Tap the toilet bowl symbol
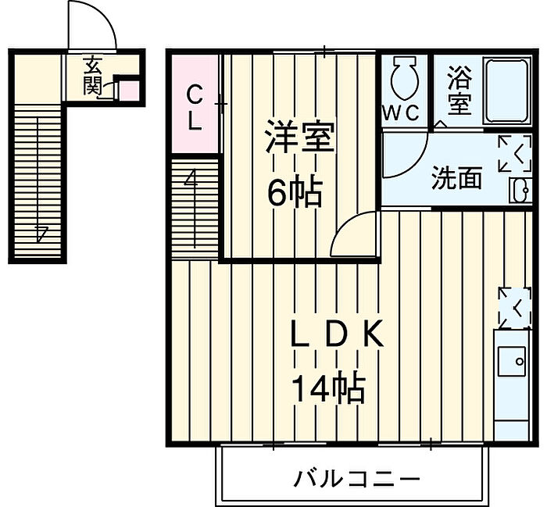pos(405,77)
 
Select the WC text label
pos(401,112)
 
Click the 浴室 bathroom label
pos(459,91)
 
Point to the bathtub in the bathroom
pos(507,91)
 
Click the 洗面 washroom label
pos(456,177)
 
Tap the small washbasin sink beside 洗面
pos(521,190)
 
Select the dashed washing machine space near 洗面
pos(514,154)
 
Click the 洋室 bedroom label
pos(299,137)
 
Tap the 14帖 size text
pos(328,389)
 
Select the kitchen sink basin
pos(511,361)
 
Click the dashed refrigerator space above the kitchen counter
pos(514,308)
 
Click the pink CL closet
pos(195,104)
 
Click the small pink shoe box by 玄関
pos(130,91)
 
